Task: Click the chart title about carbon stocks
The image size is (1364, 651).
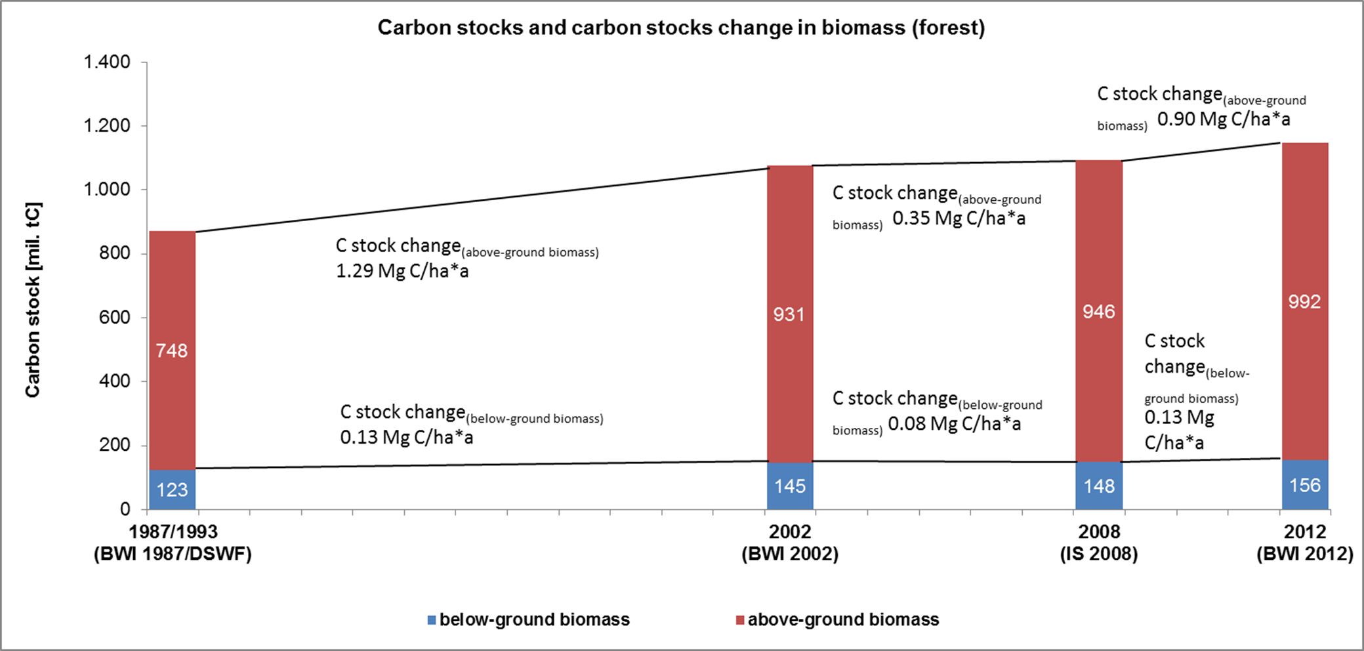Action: pos(681,28)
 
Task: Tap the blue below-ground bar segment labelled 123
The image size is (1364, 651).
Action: pos(173,490)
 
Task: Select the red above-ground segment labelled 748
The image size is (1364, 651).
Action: pos(173,350)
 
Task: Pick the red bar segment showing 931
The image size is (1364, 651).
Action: pos(789,314)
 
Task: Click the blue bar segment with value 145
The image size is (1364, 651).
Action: pos(789,486)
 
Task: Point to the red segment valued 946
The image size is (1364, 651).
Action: pos(1099,311)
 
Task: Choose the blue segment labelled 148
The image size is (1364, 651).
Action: pos(1099,486)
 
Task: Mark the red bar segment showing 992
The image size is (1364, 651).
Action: pos(1304,301)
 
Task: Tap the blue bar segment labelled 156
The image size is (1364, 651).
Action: pos(1304,485)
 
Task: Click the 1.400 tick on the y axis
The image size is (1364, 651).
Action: pos(107,62)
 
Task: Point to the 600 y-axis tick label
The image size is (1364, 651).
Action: pos(115,318)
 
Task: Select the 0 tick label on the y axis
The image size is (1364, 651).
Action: pos(125,509)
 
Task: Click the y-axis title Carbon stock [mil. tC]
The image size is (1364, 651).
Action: pos(32,300)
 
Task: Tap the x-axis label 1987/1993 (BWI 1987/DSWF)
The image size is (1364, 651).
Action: pos(173,543)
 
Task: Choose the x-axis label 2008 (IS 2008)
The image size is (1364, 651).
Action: pos(1099,543)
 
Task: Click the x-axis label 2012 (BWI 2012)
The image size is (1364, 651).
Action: pos(1304,543)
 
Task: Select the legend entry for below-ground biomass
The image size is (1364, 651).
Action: pos(528,619)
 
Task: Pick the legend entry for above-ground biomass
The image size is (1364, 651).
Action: pos(837,619)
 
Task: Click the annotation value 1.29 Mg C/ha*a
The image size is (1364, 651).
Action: pos(402,271)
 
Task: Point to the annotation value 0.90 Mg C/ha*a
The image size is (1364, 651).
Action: pos(1224,119)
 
